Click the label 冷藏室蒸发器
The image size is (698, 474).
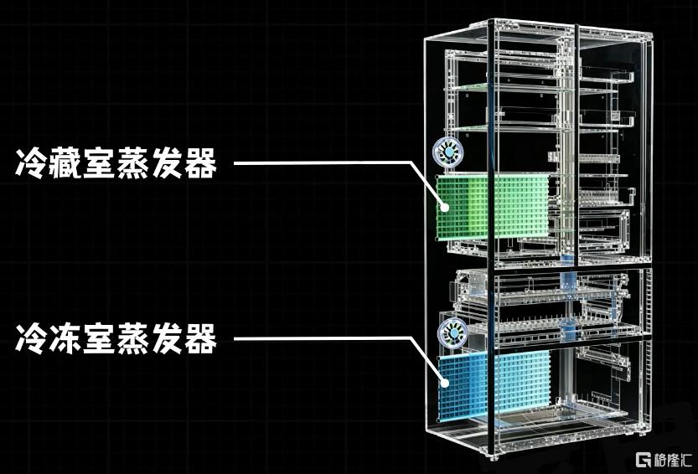[116, 164]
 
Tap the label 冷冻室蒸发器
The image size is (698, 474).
[116, 339]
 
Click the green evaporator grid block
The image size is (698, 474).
[493, 207]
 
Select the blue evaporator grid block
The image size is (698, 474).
[494, 384]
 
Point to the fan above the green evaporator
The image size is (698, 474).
[450, 152]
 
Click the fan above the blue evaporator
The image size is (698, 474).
[452, 332]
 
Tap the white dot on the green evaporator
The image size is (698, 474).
[444, 207]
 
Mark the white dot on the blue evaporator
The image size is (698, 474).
[444, 383]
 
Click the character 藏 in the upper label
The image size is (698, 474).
[65, 164]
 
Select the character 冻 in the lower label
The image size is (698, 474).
[65, 339]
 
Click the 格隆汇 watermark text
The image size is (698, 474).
[673, 460]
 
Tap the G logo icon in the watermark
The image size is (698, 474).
[644, 460]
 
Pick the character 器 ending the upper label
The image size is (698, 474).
[201, 164]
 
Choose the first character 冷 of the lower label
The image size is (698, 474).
[32, 339]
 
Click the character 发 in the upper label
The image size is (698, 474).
[167, 164]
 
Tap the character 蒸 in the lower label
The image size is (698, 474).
[133, 339]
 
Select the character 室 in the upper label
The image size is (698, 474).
[99, 164]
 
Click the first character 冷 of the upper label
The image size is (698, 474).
[32, 164]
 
